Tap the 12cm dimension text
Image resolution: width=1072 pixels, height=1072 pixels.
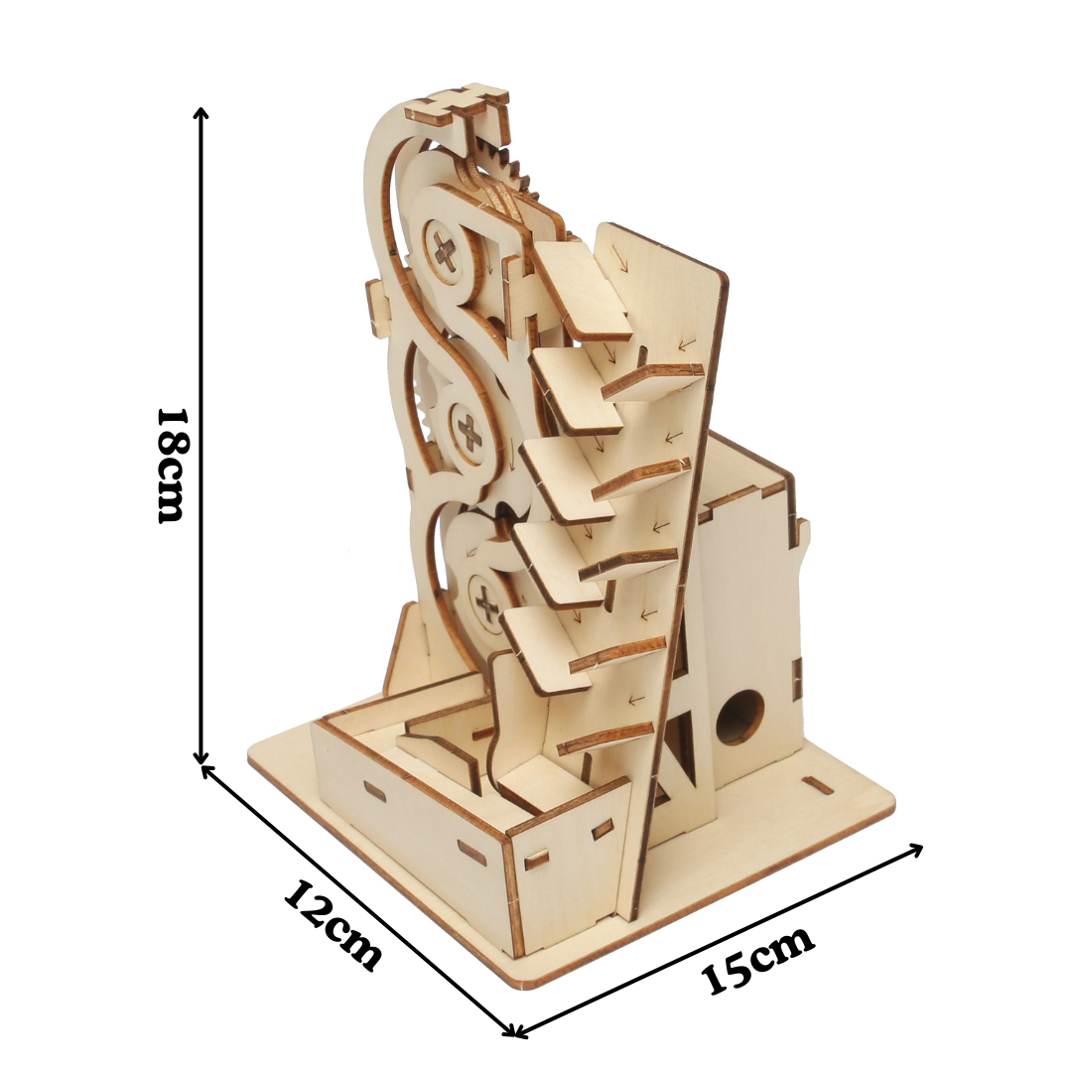click(x=333, y=925)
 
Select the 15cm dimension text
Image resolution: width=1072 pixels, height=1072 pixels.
click(x=757, y=959)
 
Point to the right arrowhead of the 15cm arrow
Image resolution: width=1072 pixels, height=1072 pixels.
click(x=915, y=850)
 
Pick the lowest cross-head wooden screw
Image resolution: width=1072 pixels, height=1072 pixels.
click(x=487, y=603)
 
